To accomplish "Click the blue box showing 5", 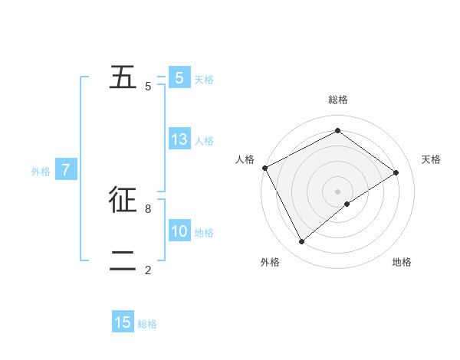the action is pos(179,78).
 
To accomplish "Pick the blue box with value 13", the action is pos(179,139).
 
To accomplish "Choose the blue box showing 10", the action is pos(179,231).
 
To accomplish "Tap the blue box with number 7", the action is pos(66,170).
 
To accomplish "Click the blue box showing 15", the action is pos(123,322).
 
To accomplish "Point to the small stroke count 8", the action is pos(148,208).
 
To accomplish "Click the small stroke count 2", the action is pos(148,269).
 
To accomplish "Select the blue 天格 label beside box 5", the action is pos(204,80).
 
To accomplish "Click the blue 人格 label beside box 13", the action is pos(204,141).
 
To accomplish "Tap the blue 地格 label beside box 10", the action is pos(204,233).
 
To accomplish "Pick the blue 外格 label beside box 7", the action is pos(41,172).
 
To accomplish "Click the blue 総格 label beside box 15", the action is pos(147,324).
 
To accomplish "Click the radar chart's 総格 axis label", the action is pos(338,100).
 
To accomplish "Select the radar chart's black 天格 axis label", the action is pos(432,159).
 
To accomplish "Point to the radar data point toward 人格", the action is pos(264,168).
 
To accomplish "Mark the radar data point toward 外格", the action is pos(301,242).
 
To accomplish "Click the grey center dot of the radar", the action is pos(338,191).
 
